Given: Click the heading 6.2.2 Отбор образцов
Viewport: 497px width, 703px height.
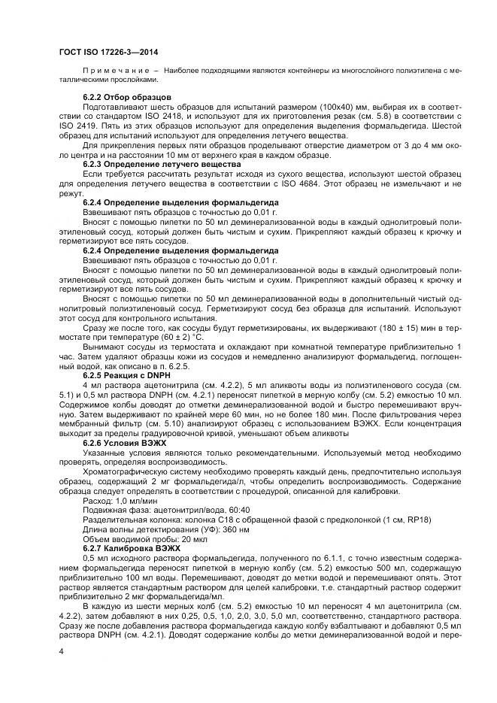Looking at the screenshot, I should click(127, 98).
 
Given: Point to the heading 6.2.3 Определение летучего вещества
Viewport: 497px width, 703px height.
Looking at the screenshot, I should click(162, 163).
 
